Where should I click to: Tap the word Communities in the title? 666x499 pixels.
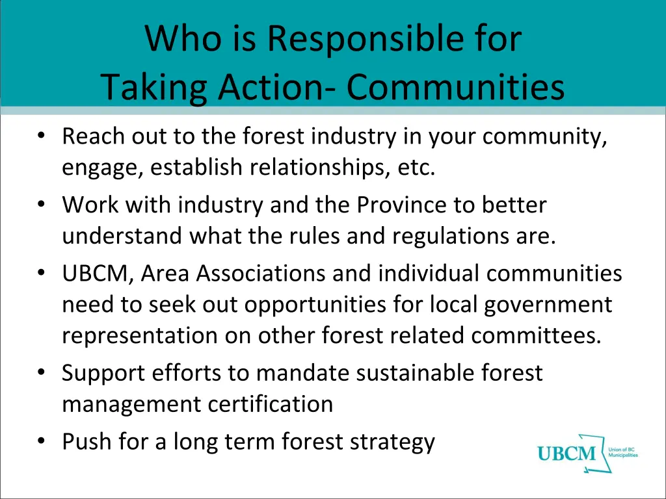click(455, 88)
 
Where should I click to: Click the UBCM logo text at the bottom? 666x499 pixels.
click(566, 454)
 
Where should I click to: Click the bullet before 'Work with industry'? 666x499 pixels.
click(42, 205)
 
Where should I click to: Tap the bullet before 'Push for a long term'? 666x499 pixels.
click(42, 442)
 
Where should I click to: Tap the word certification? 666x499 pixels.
click(271, 404)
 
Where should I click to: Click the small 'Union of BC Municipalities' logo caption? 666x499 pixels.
click(622, 452)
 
